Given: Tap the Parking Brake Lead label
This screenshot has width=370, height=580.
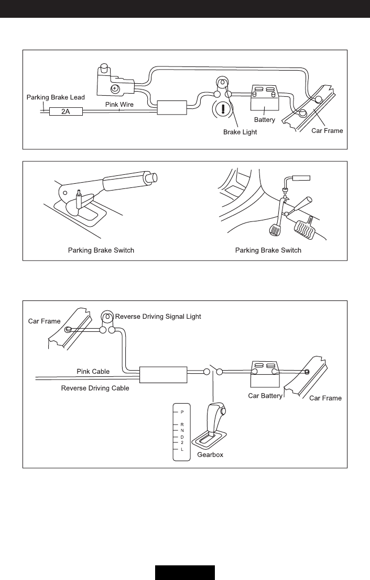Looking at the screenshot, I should [x=56, y=97].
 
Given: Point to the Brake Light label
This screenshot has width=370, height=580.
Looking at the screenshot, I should [x=241, y=132].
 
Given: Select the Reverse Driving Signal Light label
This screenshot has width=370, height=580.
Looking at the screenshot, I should [x=158, y=316].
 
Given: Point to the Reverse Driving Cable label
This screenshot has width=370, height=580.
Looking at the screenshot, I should [x=95, y=388].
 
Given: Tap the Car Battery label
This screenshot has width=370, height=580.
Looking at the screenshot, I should [x=265, y=396].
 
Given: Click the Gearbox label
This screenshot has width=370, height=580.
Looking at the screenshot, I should [x=210, y=455].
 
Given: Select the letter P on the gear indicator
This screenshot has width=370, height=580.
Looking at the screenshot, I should [x=182, y=412].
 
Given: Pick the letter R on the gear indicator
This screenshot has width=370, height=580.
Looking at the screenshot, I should [x=182, y=424].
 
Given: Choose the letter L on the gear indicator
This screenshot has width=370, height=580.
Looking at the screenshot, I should [x=182, y=449].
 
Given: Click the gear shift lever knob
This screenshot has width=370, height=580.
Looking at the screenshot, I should [x=216, y=411].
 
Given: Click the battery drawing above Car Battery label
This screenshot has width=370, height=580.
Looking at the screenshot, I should [x=265, y=371].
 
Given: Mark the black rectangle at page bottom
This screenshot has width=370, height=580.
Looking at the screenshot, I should [x=184, y=572].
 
